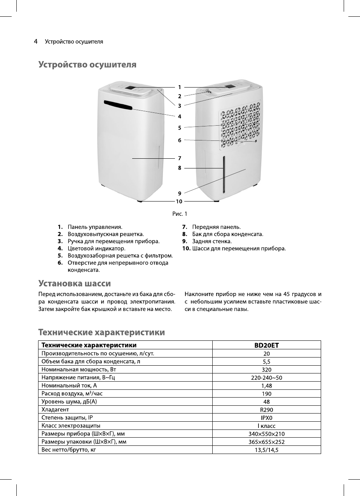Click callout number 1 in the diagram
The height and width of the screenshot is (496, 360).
pos(180,87)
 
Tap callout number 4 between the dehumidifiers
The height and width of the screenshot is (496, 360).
pos(180,116)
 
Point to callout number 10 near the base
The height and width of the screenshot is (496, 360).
pos(179,202)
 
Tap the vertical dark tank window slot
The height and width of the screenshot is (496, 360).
pos(224,175)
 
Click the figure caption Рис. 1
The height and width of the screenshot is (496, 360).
pos(180,214)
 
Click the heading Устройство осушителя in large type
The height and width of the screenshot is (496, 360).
pos(87,65)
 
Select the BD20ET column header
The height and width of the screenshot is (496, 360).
pos(267,345)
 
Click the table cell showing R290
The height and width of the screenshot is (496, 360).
pos(267,410)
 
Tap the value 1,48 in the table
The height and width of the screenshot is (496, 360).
pos(267,386)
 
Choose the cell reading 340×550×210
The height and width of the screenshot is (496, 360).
pos(267,434)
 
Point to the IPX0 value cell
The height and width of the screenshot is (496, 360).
pos(267,418)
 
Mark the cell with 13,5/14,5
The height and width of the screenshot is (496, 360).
pos(267,450)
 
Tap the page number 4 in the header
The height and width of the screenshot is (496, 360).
pos(35,41)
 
